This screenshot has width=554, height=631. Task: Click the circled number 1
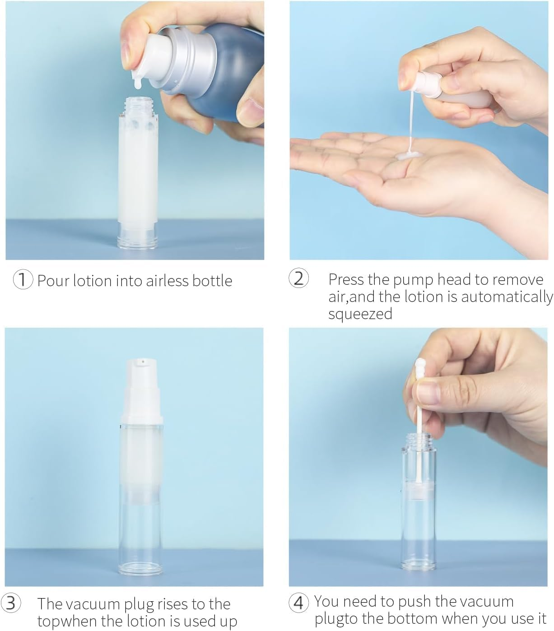[23, 280]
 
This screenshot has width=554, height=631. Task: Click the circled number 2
[298, 278]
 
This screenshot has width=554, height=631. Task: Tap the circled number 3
[11, 604]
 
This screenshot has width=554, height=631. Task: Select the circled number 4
[299, 603]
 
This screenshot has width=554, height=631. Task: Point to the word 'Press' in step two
[346, 279]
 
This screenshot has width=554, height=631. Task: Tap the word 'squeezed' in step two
[360, 314]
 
